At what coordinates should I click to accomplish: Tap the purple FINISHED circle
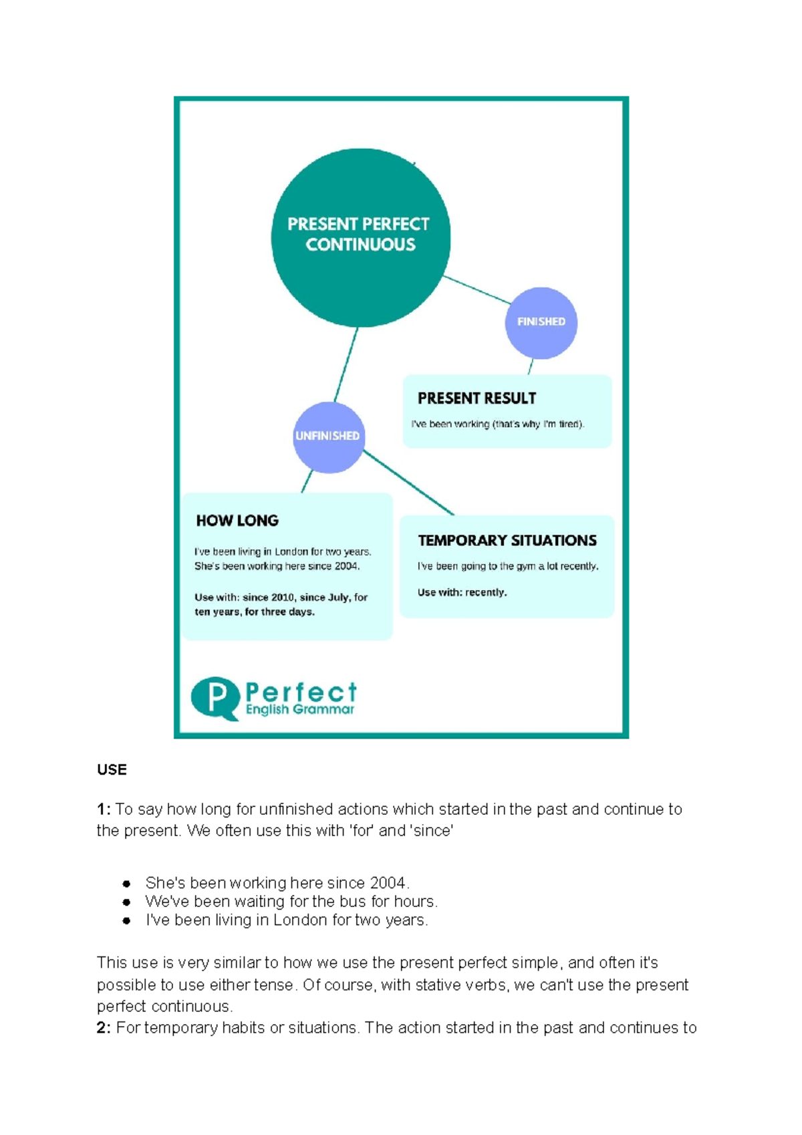click(541, 322)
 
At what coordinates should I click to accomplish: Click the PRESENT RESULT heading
click(477, 398)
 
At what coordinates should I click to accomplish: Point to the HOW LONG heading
click(237, 521)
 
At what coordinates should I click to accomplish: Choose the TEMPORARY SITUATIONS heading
click(507, 541)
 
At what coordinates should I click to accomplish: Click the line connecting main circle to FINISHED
click(476, 289)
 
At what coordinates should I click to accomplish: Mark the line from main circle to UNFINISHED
click(346, 365)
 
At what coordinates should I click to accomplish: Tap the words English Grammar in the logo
click(300, 710)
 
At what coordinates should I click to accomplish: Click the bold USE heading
click(112, 770)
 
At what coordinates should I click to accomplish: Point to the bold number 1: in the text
click(104, 809)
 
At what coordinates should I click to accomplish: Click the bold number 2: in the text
click(104, 1028)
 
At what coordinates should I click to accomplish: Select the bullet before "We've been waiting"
click(127, 902)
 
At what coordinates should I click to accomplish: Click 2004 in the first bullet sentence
click(388, 883)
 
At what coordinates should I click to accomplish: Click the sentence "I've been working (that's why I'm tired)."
click(498, 424)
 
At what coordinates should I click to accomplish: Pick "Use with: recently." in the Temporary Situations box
click(462, 592)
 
